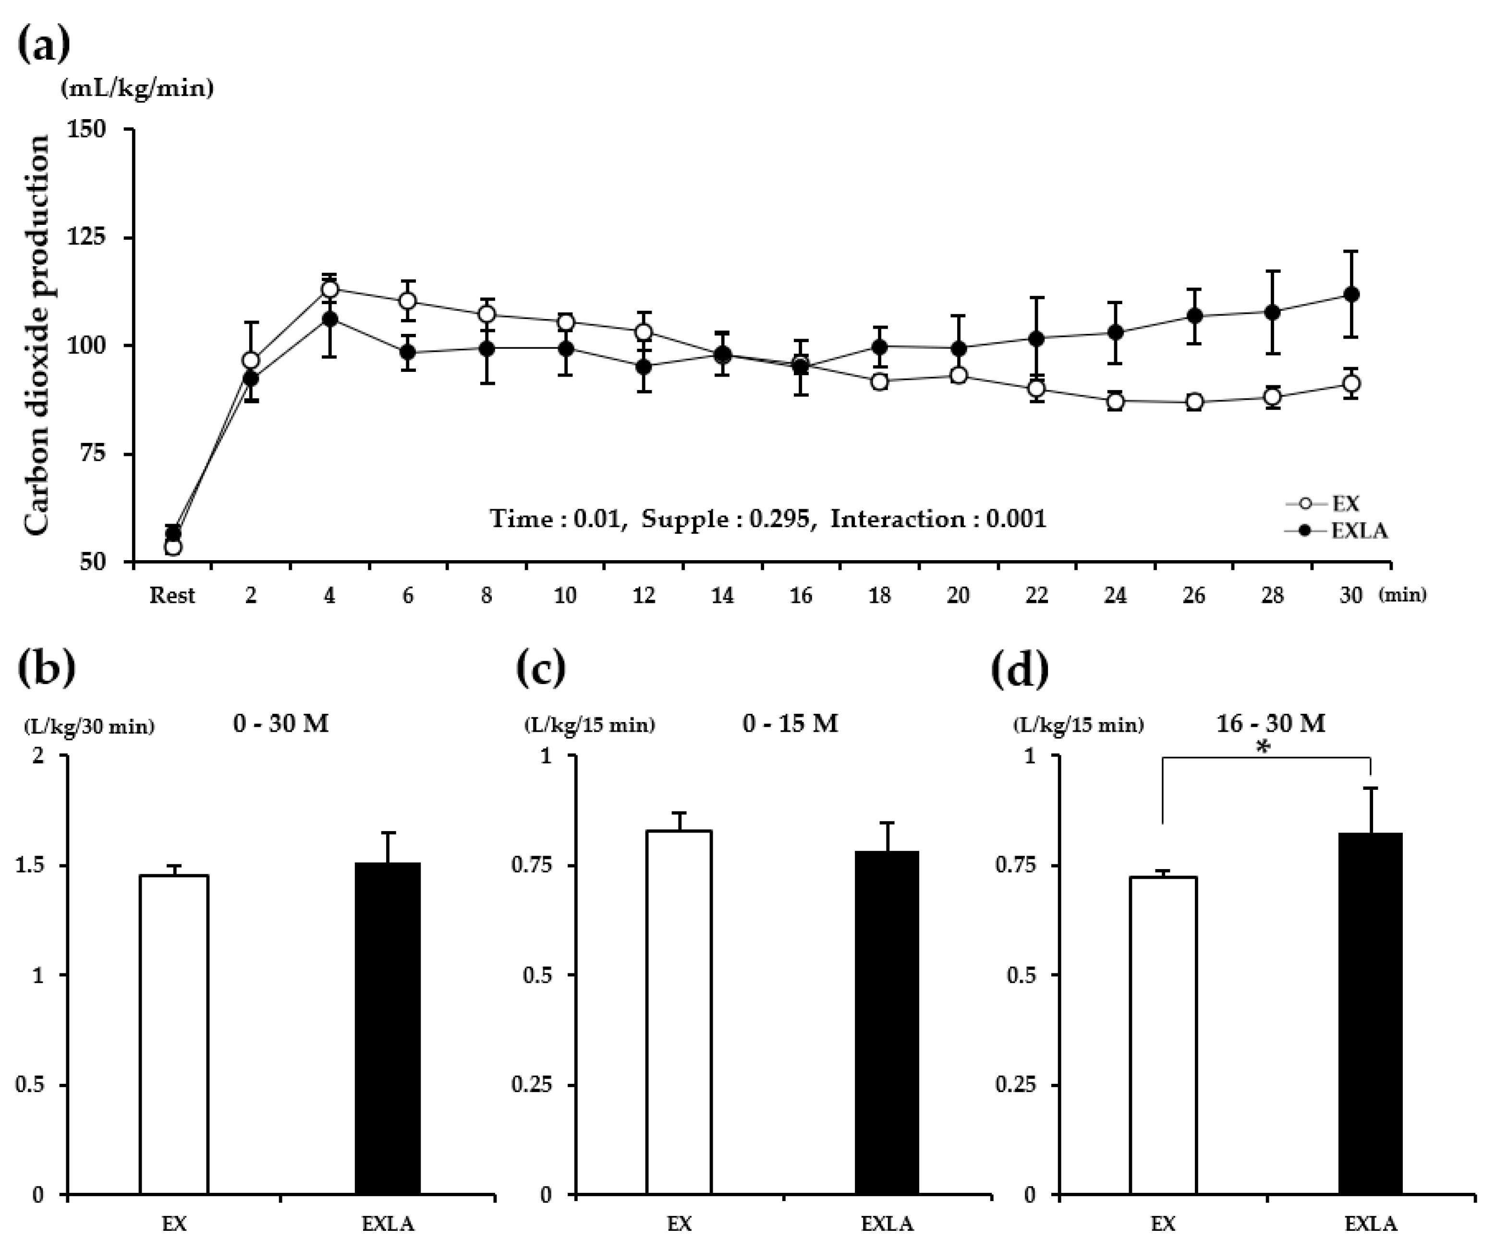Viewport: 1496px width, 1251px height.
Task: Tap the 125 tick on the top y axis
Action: pyautogui.click(x=85, y=237)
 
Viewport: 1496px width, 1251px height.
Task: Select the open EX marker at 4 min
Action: pyautogui.click(x=330, y=289)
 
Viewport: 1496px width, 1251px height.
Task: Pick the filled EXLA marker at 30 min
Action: pyautogui.click(x=1350, y=294)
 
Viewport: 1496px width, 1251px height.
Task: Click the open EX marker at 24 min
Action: pyautogui.click(x=1116, y=401)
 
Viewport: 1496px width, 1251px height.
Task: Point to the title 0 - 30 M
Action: pyautogui.click(x=280, y=724)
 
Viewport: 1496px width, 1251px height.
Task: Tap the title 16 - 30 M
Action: pyautogui.click(x=1270, y=724)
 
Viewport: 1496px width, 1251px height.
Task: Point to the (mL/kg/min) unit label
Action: pyautogui.click(x=137, y=88)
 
